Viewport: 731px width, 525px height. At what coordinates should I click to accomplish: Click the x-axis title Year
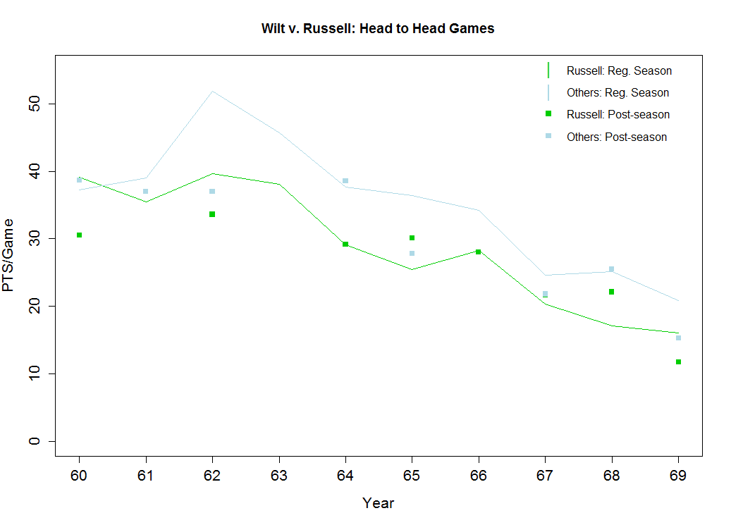(x=378, y=503)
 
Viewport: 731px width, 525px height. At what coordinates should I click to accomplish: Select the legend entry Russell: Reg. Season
(x=619, y=70)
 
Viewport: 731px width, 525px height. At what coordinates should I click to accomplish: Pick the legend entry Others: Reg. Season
(x=618, y=92)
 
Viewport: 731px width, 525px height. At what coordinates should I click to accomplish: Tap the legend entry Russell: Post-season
(x=618, y=114)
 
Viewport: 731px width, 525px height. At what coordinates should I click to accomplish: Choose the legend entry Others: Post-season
(x=616, y=137)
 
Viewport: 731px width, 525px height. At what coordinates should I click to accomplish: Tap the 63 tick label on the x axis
(x=278, y=476)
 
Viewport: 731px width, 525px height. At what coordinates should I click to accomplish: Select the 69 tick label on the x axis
(x=678, y=476)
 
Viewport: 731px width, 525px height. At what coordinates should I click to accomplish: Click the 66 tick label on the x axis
(x=479, y=476)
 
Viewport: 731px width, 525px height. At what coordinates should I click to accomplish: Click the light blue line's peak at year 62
(x=212, y=91)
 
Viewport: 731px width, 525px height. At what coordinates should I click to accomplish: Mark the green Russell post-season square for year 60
(x=79, y=235)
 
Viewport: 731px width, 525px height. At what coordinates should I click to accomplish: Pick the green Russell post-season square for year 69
(x=678, y=362)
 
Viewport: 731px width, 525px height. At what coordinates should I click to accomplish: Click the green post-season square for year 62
(x=212, y=214)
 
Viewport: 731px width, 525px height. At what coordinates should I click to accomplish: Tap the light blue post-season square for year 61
(x=145, y=191)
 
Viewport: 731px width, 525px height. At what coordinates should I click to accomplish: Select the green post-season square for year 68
(x=611, y=292)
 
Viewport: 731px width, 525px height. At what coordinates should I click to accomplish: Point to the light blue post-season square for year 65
(x=412, y=253)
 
